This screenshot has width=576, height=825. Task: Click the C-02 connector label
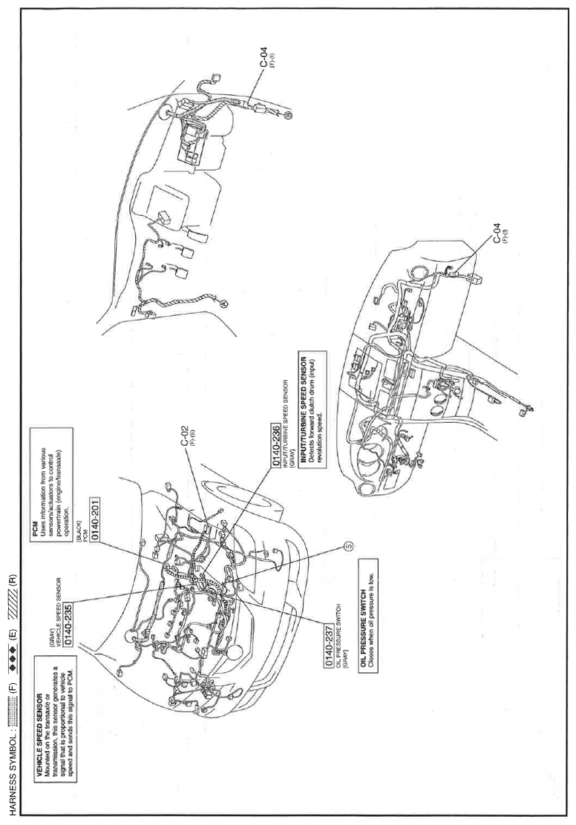click(x=185, y=438)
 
